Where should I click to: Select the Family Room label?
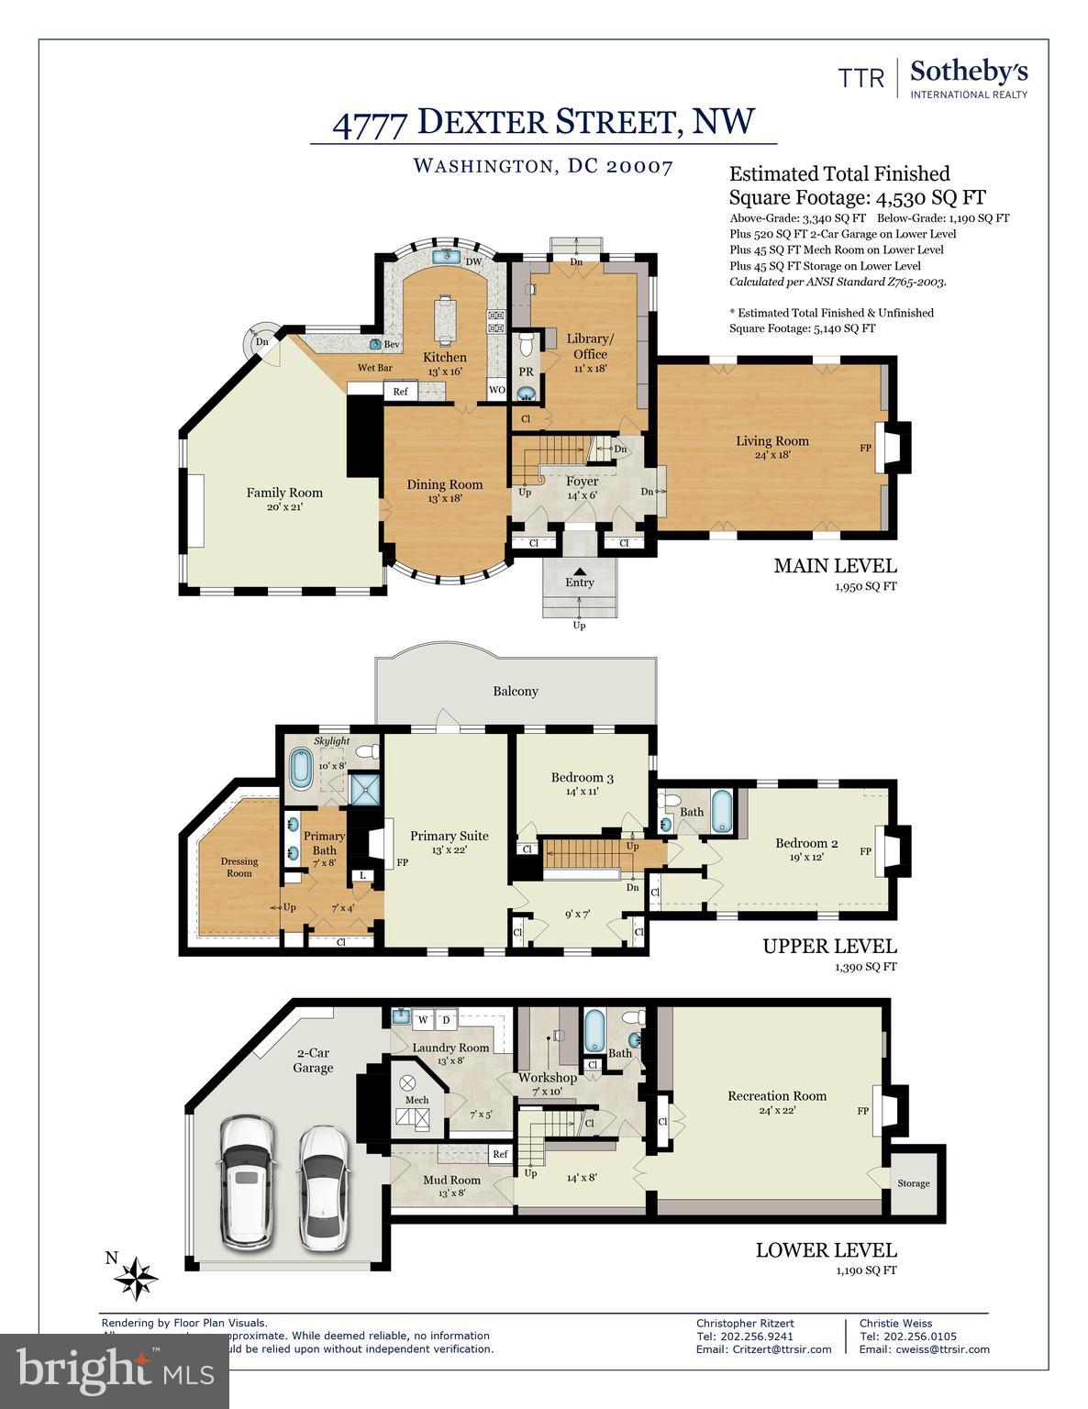click(x=284, y=493)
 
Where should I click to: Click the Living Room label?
click(x=772, y=441)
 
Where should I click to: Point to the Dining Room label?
click(x=445, y=484)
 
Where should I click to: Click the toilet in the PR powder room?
click(x=527, y=345)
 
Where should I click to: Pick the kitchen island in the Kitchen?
click(x=447, y=318)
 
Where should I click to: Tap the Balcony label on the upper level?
click(x=515, y=691)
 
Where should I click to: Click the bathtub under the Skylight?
click(x=300, y=769)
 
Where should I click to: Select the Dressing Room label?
click(x=239, y=867)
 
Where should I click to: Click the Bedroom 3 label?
click(x=582, y=778)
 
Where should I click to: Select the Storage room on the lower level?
click(x=913, y=1183)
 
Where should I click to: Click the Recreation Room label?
click(x=776, y=1095)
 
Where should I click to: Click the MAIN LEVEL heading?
click(x=835, y=566)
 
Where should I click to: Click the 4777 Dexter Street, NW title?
click(x=543, y=122)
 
